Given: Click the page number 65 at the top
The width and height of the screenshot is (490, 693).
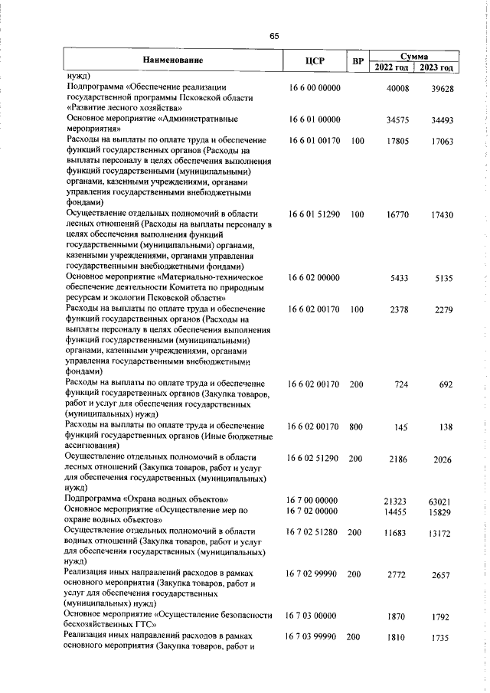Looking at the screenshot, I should point(274,36).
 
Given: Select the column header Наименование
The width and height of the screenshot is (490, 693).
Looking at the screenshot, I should point(172,60).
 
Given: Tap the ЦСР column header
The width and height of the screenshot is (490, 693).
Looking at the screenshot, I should point(315,60).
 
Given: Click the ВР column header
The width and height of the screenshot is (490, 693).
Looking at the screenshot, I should point(356,60).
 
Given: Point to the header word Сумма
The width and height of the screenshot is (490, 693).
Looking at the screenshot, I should point(413,56).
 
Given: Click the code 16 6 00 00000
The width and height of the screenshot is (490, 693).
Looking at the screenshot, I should point(315,88).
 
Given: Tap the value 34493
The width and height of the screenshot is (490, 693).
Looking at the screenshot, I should point(441,120).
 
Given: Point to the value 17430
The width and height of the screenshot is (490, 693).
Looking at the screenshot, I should point(441,217).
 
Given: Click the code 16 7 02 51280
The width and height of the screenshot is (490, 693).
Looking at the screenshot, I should point(315,531).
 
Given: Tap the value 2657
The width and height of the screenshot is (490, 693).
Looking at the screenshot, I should point(441,574).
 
